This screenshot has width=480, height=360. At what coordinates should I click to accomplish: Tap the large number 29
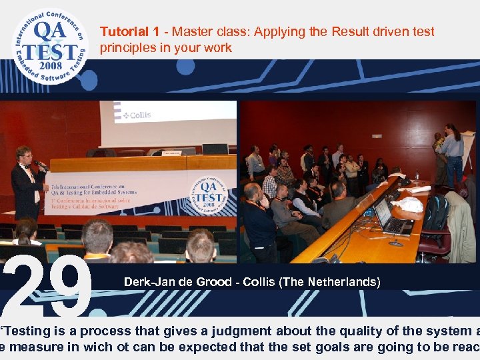click(x=47, y=285)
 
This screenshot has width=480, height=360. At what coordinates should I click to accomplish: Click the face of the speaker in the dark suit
click(x=25, y=155)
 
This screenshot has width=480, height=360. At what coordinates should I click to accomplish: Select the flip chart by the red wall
click(x=468, y=150)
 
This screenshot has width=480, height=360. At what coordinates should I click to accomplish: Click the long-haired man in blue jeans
click(x=453, y=153)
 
